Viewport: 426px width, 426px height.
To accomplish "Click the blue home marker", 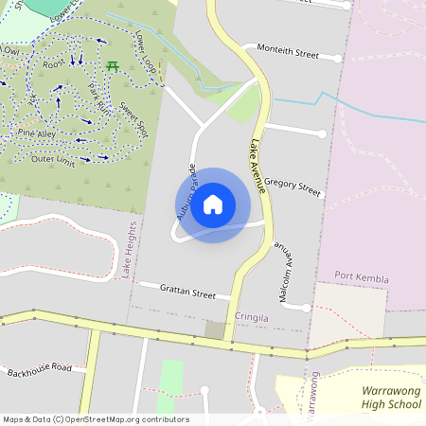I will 213,204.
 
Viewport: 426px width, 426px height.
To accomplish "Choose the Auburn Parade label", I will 186,192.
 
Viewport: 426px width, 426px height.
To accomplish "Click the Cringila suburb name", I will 252,319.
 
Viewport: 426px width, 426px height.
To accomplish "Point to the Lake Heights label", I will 128,251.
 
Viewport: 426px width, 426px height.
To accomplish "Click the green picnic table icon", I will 113,65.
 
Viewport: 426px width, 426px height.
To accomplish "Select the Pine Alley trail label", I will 38,136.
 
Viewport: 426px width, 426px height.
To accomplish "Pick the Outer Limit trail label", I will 53,158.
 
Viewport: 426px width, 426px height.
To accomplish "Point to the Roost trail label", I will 53,65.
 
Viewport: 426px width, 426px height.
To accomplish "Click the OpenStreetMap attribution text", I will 96,418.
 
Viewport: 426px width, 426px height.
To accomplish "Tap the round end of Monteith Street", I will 337,58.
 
